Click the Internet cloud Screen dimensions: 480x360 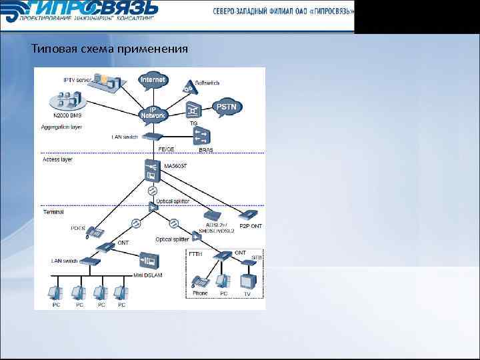tap(153, 79)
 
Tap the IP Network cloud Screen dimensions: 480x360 tap(153, 113)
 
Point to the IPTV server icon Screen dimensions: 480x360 tap(103, 82)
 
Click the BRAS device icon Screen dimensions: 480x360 tap(200, 137)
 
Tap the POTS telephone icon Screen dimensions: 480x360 tap(96, 233)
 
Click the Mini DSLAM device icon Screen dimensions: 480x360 tap(147, 259)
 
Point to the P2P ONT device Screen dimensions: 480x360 tap(248, 215)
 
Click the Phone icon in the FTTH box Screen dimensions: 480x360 tap(199, 281)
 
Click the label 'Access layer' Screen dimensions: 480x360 tap(57, 160)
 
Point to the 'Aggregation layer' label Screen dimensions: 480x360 tap(61, 127)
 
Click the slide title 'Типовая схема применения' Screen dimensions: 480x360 tap(110, 49)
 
